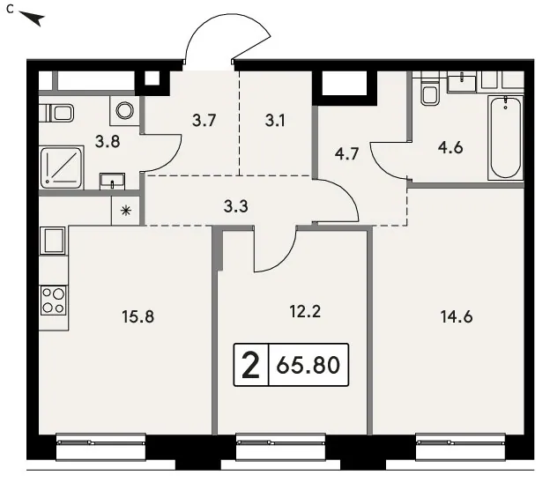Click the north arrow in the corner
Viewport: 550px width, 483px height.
pyautogui.click(x=33, y=19)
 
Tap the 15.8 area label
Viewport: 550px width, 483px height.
pyautogui.click(x=137, y=316)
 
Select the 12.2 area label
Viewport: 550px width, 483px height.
pyautogui.click(x=305, y=311)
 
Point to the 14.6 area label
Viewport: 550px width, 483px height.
pyautogui.click(x=457, y=316)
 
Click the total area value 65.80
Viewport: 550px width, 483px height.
pyautogui.click(x=308, y=365)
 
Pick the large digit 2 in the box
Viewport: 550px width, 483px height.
pyautogui.click(x=251, y=365)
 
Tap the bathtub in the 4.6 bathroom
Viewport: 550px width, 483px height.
pyautogui.click(x=505, y=137)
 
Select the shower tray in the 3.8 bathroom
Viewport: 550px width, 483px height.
pyautogui.click(x=62, y=167)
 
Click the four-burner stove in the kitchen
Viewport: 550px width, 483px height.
pyautogui.click(x=54, y=301)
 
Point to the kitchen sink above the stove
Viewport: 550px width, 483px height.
pyautogui.click(x=53, y=241)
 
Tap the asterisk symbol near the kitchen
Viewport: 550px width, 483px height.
pyautogui.click(x=125, y=211)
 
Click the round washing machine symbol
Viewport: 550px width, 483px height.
pyautogui.click(x=125, y=110)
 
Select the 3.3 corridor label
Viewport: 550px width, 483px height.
pyautogui.click(x=235, y=206)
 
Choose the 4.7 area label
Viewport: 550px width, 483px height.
pyautogui.click(x=346, y=154)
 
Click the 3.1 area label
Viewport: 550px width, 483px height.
pyautogui.click(x=275, y=121)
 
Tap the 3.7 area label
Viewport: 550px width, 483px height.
pyautogui.click(x=204, y=121)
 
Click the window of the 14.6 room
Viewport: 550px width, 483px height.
pyautogui.click(x=460, y=447)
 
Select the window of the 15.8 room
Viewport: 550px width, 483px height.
pyautogui.click(x=100, y=447)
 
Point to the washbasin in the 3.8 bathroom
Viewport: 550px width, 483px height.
pyautogui.click(x=112, y=181)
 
